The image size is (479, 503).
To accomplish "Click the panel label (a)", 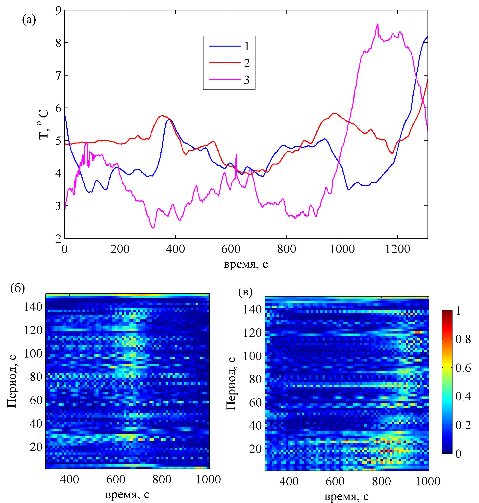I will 29,20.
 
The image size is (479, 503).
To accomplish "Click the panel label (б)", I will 17,288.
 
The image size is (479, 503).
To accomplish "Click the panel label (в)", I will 245,291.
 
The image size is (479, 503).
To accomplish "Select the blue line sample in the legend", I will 225,46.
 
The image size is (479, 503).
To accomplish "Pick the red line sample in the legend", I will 225,63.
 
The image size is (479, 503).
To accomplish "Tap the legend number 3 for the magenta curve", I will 246,80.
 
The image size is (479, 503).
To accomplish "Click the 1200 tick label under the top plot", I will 398,249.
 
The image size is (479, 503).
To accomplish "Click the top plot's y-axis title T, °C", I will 44,124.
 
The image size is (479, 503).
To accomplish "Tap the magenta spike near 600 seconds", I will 236,155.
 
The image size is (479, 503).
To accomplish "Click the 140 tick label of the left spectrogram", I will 33,307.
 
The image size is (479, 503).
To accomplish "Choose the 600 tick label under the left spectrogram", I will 116,479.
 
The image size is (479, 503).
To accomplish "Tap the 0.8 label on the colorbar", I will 463,339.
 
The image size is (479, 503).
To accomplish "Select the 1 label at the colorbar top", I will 458,311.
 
